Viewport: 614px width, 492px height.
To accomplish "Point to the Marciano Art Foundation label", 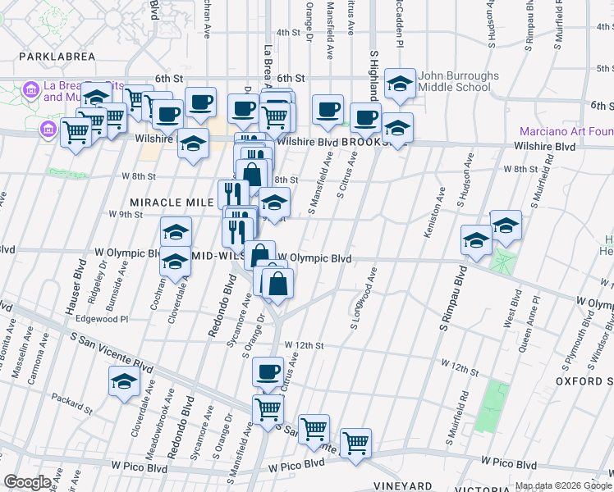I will click(x=566, y=131).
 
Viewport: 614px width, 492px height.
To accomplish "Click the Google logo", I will click(x=27, y=482).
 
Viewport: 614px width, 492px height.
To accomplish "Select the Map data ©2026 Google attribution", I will click(x=563, y=486).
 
